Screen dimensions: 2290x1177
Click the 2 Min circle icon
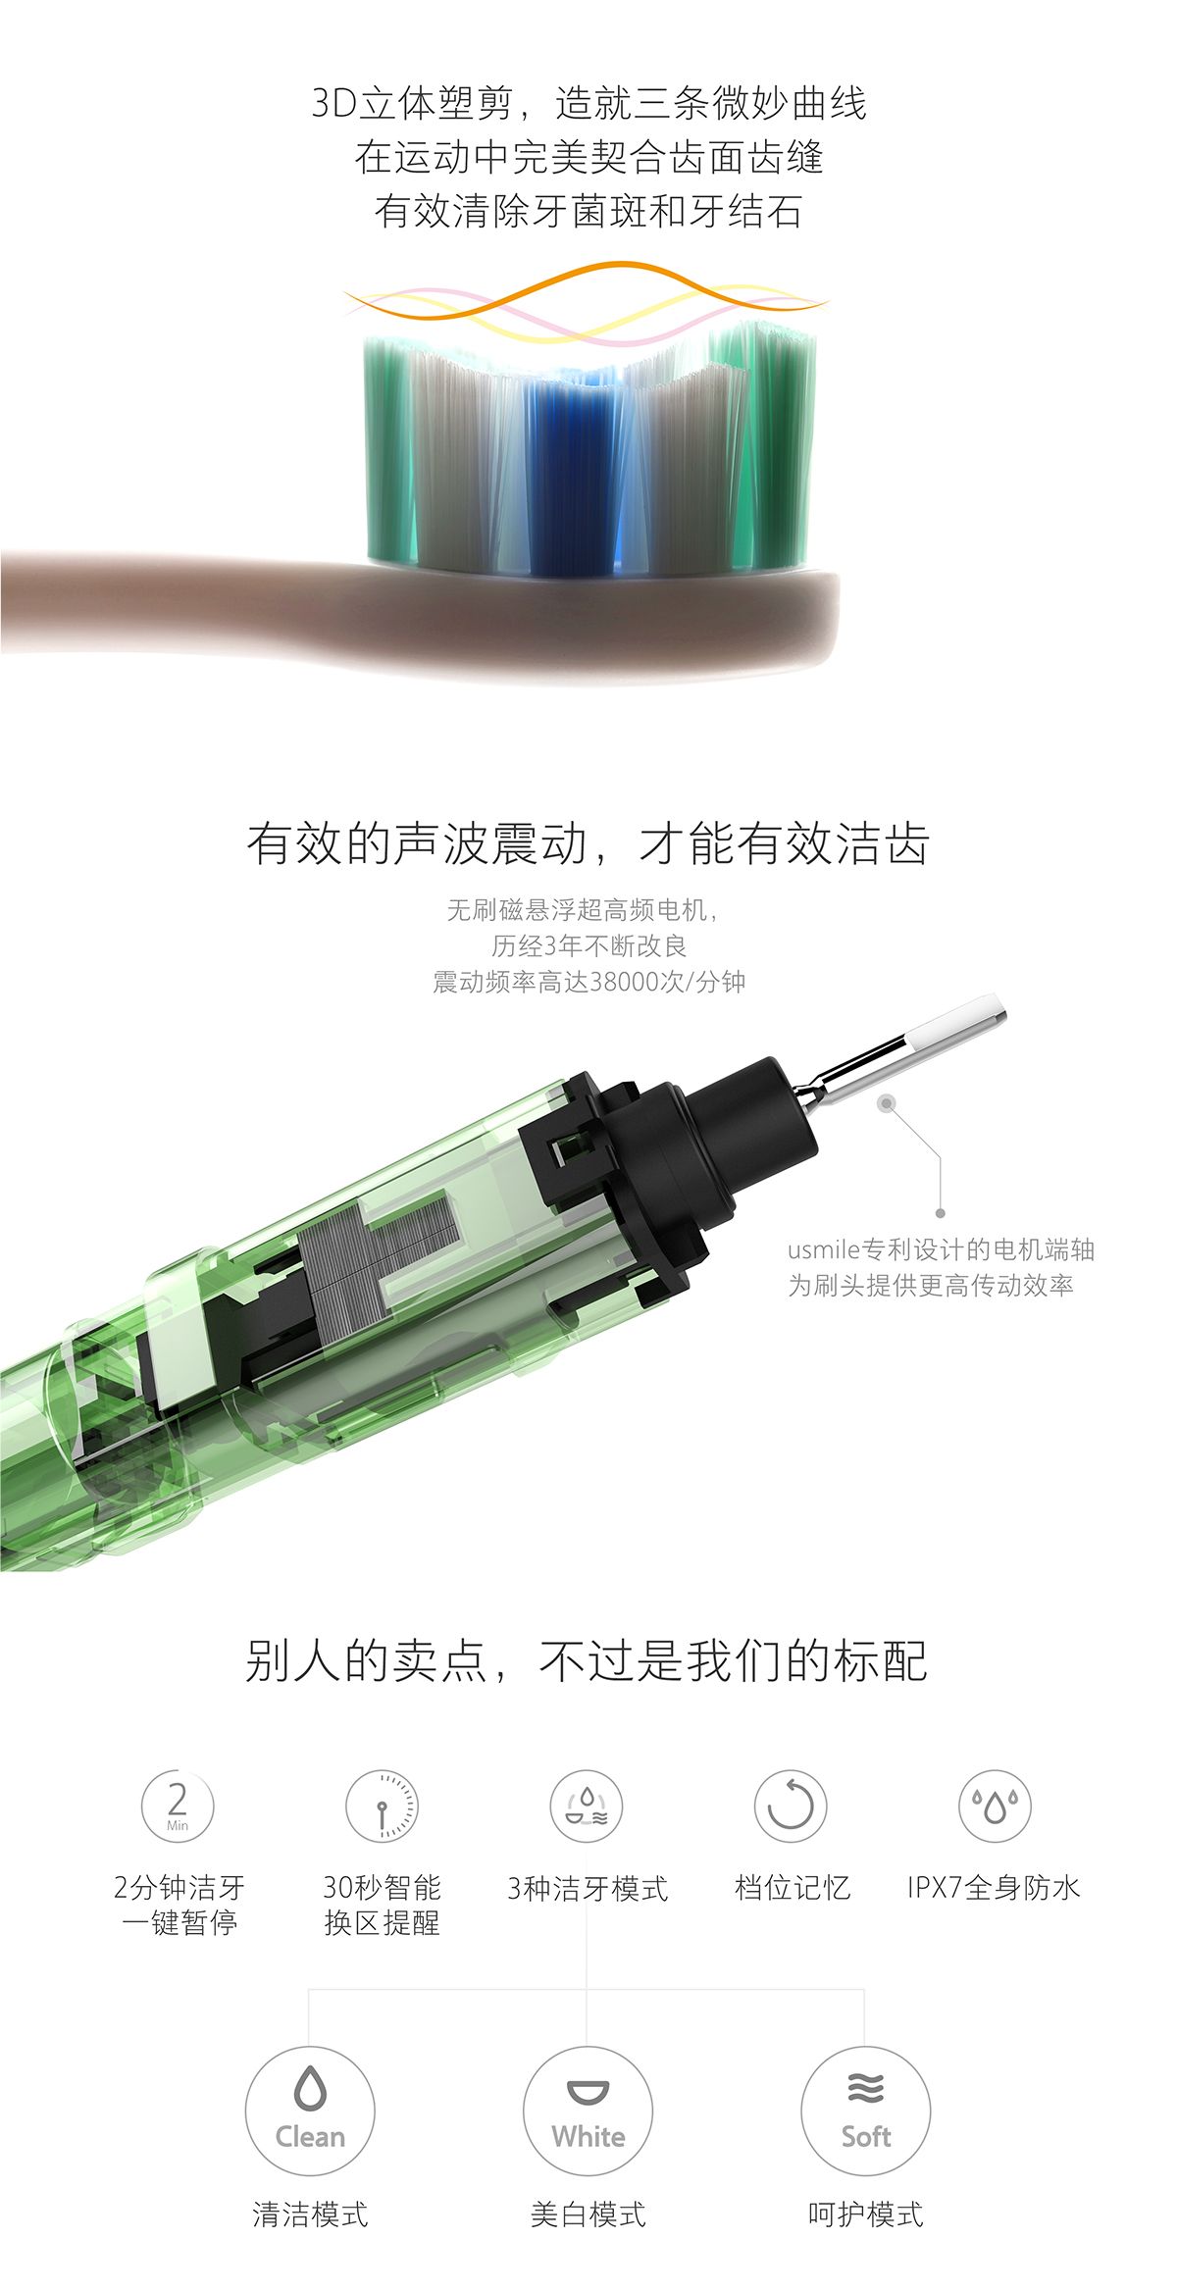[x=178, y=1807]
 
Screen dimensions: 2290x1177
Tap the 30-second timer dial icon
[x=382, y=1807]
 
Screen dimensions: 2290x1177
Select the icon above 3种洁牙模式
[x=587, y=1807]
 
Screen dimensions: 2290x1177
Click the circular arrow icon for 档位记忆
[x=791, y=1807]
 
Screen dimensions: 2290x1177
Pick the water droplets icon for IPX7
[x=995, y=1807]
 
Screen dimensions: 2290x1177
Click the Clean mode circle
[x=310, y=2111]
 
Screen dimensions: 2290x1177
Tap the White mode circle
[x=588, y=2111]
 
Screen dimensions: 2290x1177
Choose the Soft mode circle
[x=865, y=2111]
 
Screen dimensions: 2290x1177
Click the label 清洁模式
[x=310, y=2214]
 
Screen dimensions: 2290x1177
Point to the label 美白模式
[x=588, y=2214]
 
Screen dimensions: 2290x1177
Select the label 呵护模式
[x=865, y=2214]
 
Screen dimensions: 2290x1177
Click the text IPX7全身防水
[x=994, y=1888]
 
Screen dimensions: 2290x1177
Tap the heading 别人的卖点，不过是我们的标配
[x=587, y=1661]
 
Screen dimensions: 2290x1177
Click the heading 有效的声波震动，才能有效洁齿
[x=588, y=843]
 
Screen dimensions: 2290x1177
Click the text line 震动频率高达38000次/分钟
[x=588, y=982]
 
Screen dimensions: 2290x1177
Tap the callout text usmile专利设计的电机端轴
[x=941, y=1249]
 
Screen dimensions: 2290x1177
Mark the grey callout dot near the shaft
[x=887, y=1104]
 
